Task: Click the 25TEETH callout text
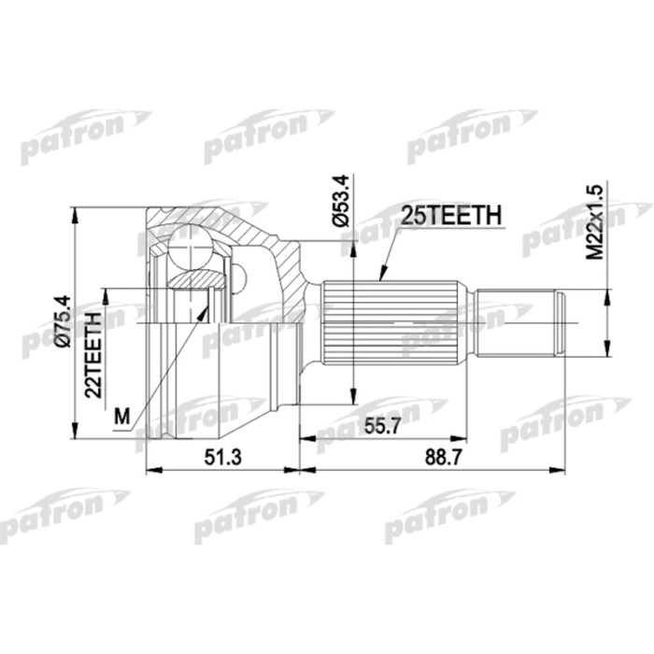450,216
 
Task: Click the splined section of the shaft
392,323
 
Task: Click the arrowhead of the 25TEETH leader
381,277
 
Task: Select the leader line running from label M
168,355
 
